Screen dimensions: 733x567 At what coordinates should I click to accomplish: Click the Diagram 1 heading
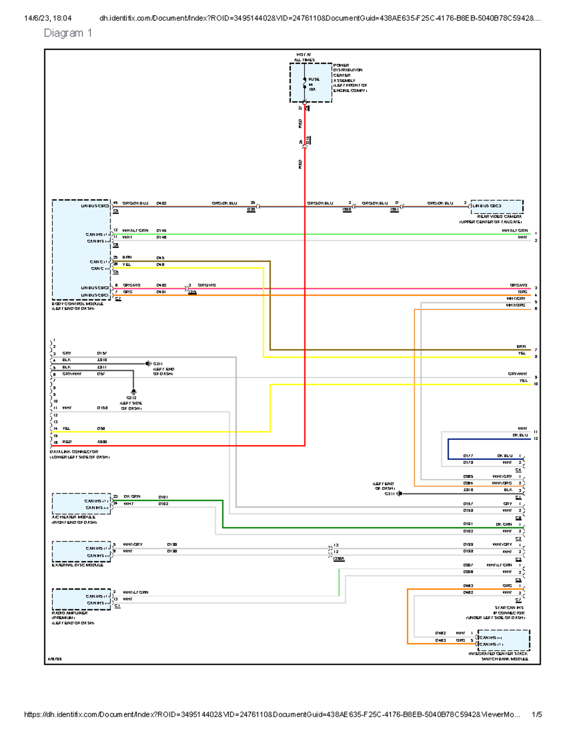coord(68,33)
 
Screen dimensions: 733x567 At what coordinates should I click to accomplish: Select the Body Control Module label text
coord(77,304)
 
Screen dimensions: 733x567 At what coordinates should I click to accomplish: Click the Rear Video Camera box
coord(497,206)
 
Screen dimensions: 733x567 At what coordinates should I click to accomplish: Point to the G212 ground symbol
coord(133,392)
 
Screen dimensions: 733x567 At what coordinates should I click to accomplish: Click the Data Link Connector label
coord(74,452)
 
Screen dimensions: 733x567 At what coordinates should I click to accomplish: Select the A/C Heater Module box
coord(81,504)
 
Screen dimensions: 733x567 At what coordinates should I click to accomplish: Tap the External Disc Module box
coord(81,551)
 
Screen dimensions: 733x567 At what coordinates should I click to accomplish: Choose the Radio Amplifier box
coord(81,599)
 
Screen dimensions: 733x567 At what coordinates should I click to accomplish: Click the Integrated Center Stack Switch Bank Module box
coord(504,640)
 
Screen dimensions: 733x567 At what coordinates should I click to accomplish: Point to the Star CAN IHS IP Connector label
coord(508,613)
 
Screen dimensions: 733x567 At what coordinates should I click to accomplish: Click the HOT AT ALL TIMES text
coord(304,57)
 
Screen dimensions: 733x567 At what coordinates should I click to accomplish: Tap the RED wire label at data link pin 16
coord(67,442)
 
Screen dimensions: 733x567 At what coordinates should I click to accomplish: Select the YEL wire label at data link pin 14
coord(66,429)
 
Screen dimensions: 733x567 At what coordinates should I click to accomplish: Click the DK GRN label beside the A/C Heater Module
coord(132,497)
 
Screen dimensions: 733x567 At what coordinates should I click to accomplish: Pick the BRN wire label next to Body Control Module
coord(127,258)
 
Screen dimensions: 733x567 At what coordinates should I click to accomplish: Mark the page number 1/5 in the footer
coord(536,715)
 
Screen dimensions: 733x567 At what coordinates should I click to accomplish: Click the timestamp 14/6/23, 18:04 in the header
coord(48,18)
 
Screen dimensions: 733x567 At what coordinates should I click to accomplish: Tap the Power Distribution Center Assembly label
coord(349,78)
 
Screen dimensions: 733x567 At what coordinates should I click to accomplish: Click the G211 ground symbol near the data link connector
coord(148,363)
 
